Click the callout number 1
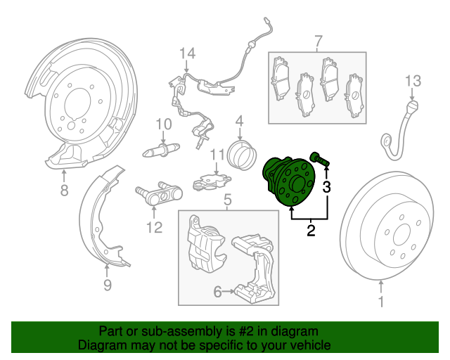[382, 303]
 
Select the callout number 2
[310, 228]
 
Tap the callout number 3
[326, 186]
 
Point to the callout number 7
[318, 40]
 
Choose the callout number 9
[108, 285]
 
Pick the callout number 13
[412, 80]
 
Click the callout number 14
[186, 53]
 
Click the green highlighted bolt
[320, 160]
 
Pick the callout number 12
[154, 227]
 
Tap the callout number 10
[163, 124]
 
